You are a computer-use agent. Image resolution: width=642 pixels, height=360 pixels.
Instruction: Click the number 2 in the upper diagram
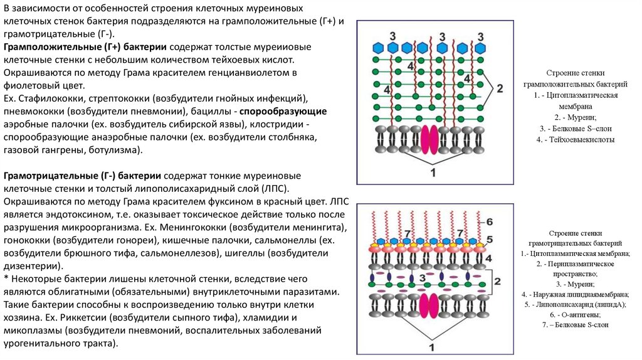point(500,88)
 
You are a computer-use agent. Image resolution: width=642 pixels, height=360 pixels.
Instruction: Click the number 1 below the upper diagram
point(432,171)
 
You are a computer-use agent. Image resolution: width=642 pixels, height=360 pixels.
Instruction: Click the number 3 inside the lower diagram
point(422,277)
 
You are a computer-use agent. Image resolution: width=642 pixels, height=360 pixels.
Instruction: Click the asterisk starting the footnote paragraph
point(6,279)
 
